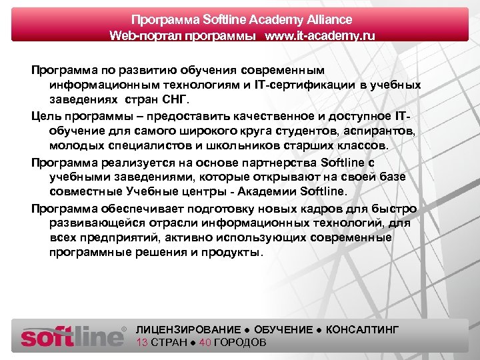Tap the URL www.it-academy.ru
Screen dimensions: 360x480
click(320, 35)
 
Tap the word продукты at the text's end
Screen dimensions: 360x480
click(235, 253)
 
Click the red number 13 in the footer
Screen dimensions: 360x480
click(141, 343)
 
